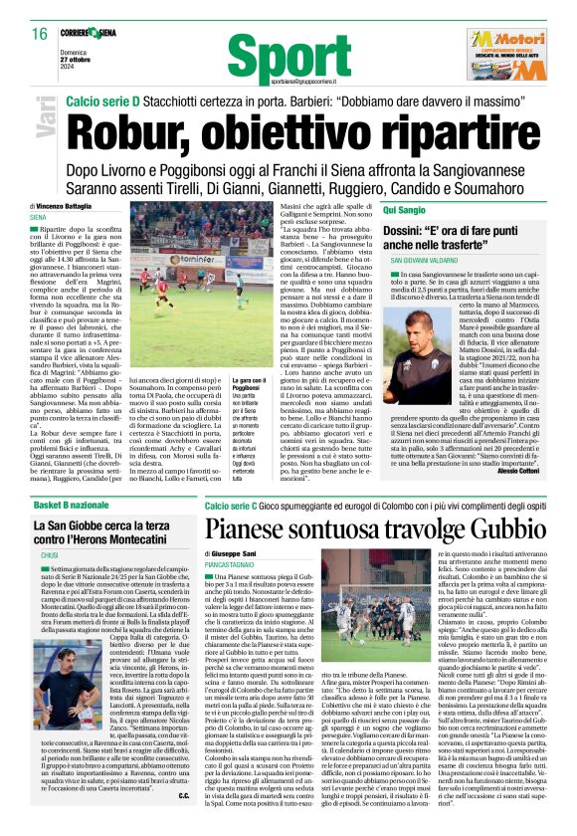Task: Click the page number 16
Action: (x=39, y=34)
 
